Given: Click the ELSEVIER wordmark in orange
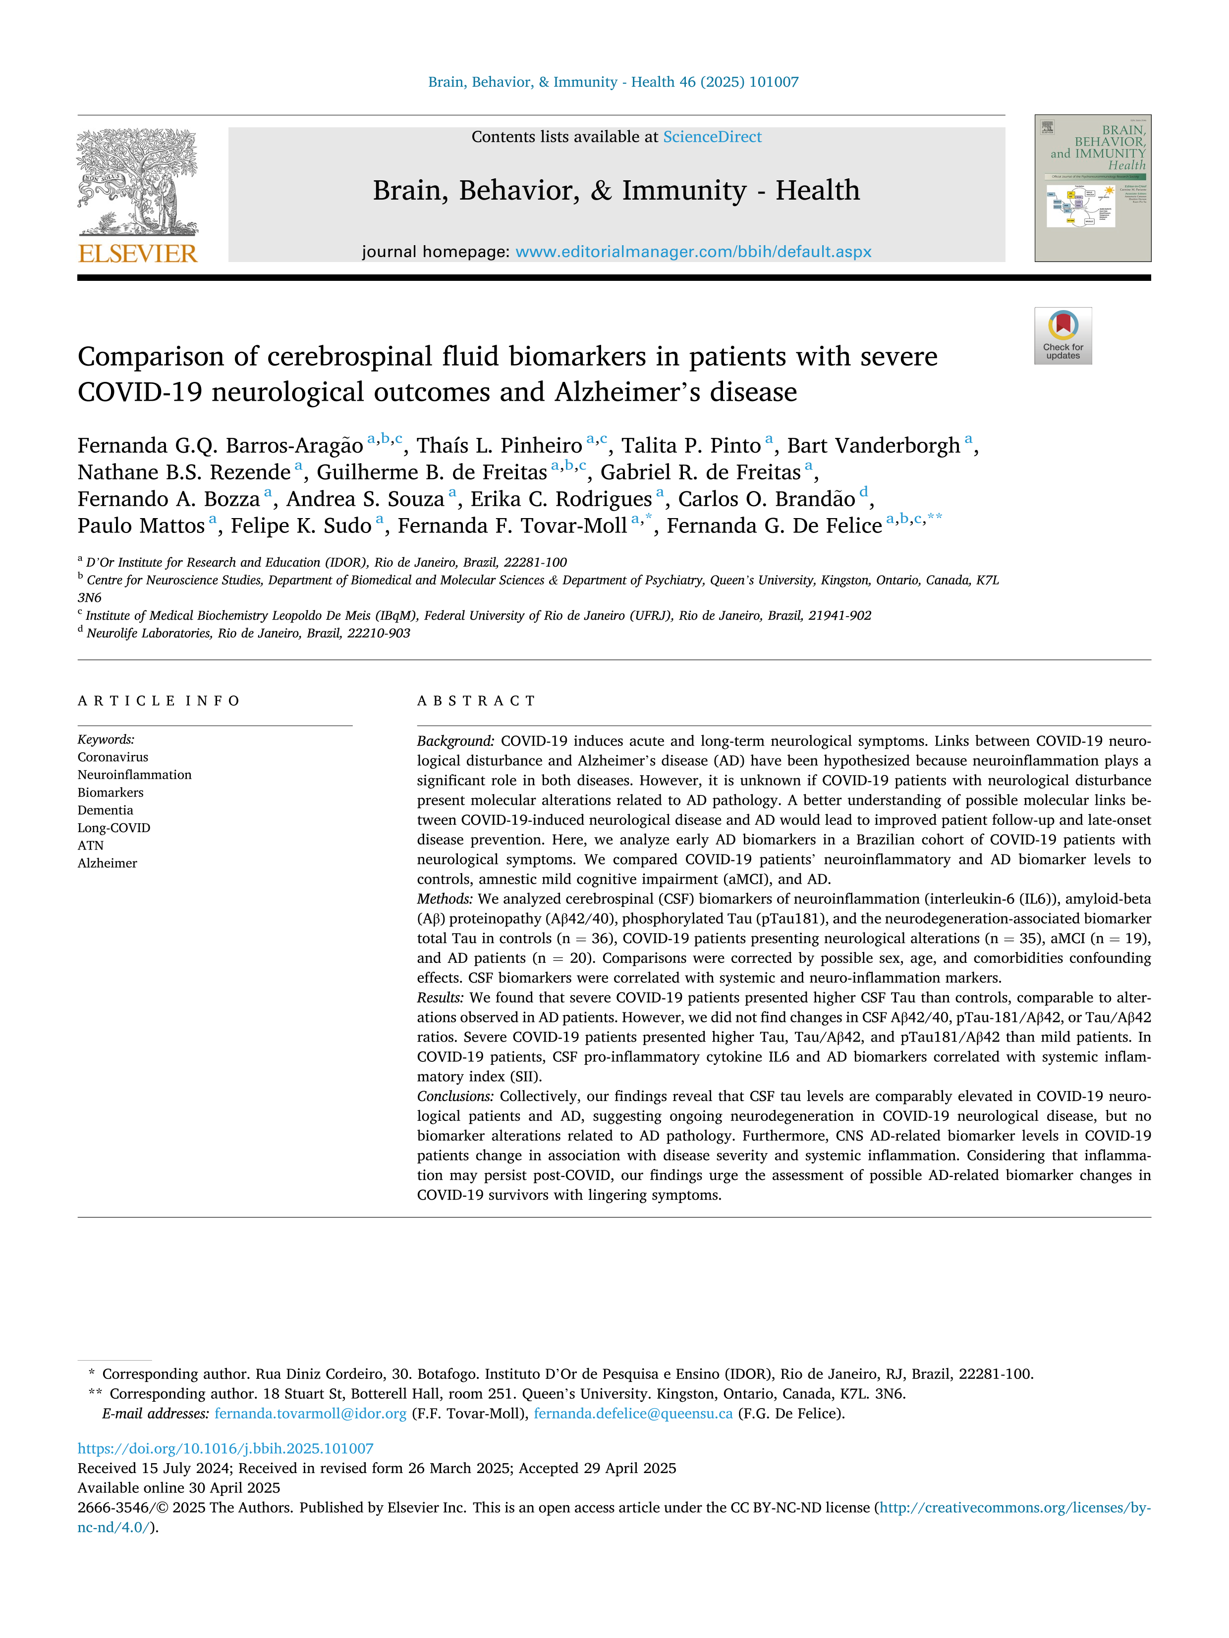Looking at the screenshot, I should (x=138, y=254).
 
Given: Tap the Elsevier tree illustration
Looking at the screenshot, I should (x=138, y=181).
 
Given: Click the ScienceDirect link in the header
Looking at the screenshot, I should (x=712, y=137).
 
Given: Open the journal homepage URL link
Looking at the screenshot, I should (x=693, y=252).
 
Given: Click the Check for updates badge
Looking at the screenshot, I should (x=1062, y=335).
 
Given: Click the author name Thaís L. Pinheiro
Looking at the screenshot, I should (x=500, y=446).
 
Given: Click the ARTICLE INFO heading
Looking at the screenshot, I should (x=159, y=700).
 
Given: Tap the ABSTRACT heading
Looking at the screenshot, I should (x=476, y=700).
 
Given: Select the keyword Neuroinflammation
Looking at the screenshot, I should (x=134, y=775).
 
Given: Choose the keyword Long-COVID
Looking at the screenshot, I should (x=113, y=828).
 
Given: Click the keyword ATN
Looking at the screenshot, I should (x=90, y=845).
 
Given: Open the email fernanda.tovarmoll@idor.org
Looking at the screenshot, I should (x=310, y=1413).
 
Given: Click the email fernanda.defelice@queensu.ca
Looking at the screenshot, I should (x=633, y=1413).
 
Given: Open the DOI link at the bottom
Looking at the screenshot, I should (x=225, y=1448).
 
